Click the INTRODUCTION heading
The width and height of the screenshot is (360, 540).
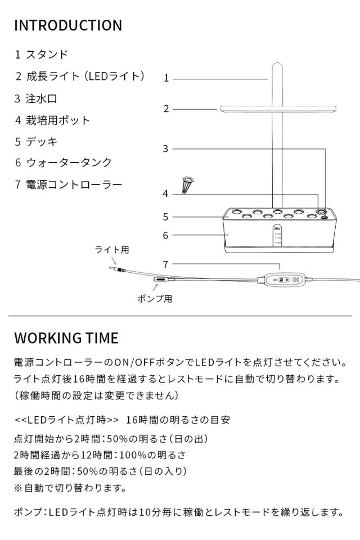68,25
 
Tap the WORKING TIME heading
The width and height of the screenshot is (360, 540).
66,338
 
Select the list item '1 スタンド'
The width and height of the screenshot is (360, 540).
42,55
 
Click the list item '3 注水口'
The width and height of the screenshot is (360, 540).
36,98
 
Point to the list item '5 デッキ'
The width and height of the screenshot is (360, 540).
36,142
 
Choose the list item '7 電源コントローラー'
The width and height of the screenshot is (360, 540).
69,184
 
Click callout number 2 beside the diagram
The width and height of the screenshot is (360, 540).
166,109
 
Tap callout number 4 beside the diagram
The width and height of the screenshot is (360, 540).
166,194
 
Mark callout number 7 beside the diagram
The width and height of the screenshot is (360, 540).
166,264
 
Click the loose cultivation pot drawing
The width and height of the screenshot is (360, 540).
187,184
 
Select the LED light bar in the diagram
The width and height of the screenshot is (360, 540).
278,109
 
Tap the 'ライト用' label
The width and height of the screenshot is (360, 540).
112,250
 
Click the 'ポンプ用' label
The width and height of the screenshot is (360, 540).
155,299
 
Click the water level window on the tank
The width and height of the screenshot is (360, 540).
278,236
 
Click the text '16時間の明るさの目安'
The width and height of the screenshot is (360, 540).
178,420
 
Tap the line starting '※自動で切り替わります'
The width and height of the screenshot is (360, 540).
70,488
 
